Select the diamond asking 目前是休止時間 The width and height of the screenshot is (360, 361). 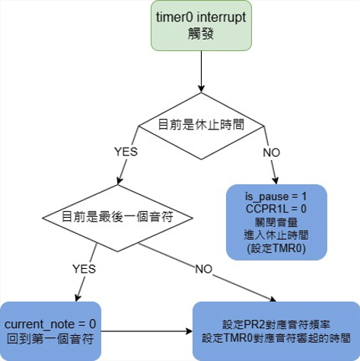pyautogui.click(x=201, y=124)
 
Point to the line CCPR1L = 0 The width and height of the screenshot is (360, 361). pyautogui.click(x=276, y=207)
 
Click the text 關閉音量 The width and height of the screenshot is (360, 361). pyautogui.click(x=276, y=219)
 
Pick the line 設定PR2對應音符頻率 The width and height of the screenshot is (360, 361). pyautogui.click(x=276, y=324)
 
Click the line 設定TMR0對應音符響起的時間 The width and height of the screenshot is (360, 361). pyautogui.click(x=276, y=337)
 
